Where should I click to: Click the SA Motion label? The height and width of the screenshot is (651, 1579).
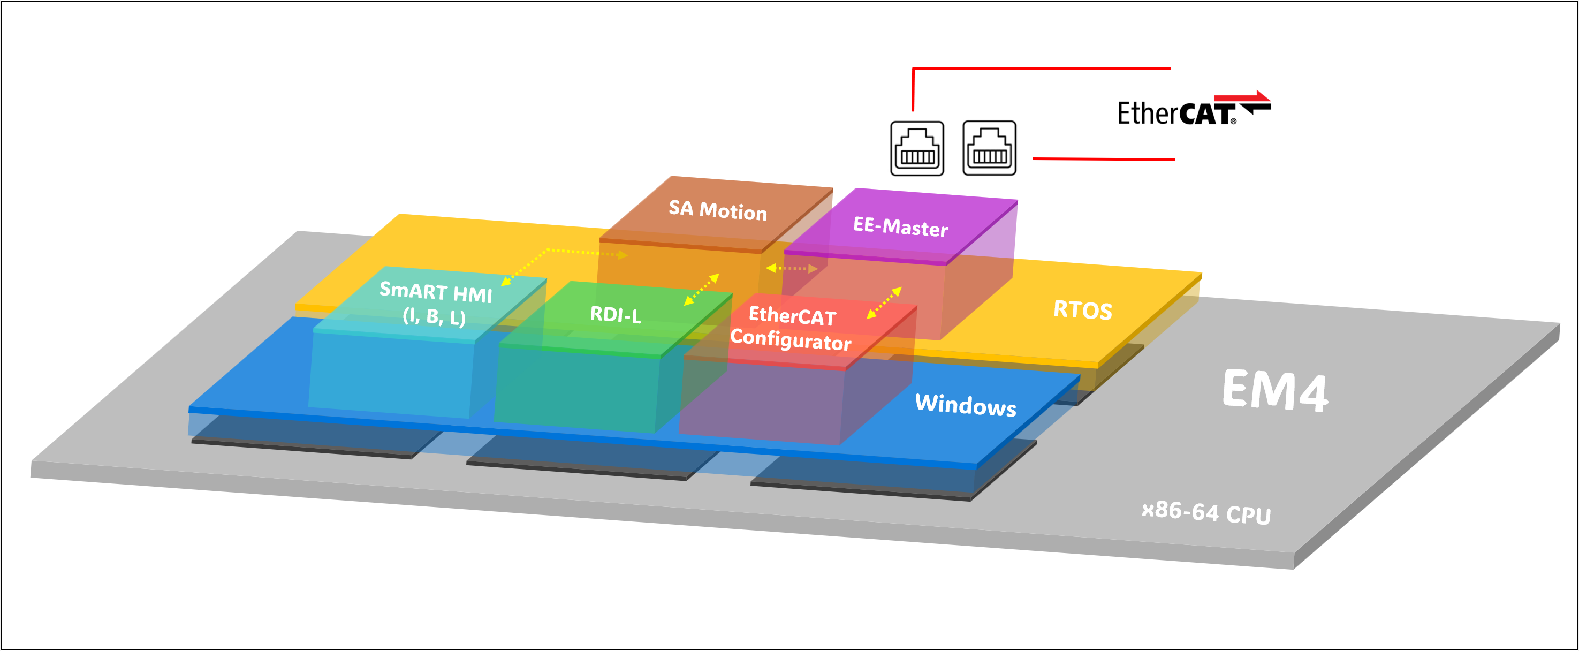717,210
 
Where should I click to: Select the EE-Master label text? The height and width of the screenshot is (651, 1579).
900,227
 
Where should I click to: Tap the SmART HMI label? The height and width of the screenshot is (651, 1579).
435,292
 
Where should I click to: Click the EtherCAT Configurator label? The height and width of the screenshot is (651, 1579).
791,328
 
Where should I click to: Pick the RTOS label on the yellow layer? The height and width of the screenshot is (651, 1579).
1082,310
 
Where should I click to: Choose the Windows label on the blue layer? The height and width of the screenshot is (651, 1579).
965,405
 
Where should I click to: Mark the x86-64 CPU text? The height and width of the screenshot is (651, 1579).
1206,512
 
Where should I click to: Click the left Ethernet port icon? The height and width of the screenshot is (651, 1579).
916,148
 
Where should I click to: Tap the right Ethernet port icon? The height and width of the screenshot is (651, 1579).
989,148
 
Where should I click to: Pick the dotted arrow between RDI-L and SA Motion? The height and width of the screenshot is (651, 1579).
701,289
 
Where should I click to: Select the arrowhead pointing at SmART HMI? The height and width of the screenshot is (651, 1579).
506,282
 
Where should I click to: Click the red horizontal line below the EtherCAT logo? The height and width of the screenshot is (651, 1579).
1103,159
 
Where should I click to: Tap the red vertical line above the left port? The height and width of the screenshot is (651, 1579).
913,89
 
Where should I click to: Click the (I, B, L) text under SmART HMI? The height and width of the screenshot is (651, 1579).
434,316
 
